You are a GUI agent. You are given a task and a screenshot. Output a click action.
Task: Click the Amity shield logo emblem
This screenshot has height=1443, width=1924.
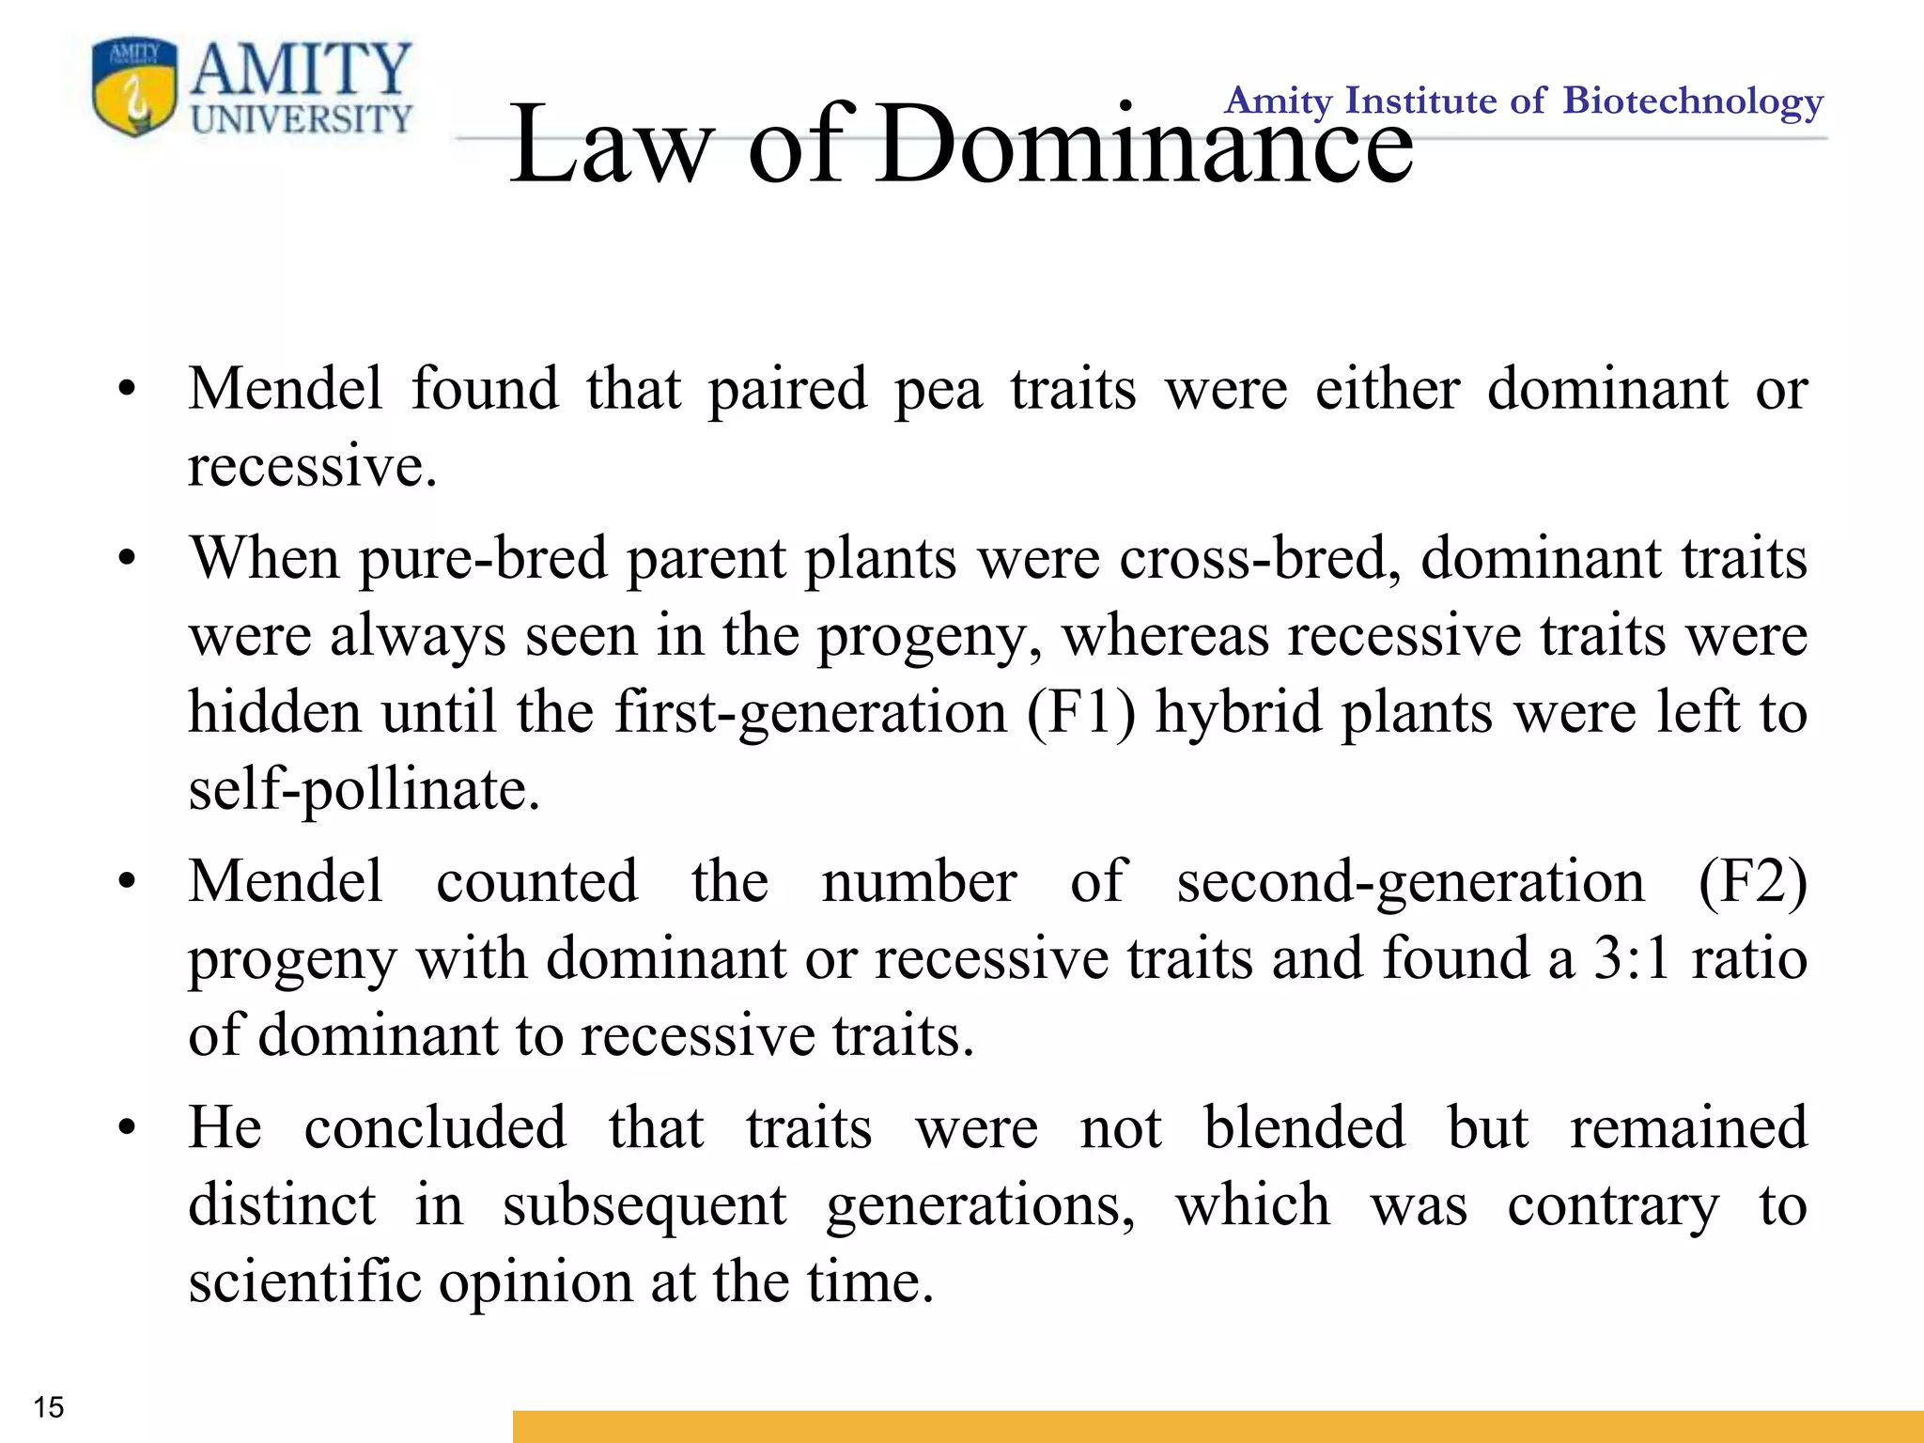[134, 88]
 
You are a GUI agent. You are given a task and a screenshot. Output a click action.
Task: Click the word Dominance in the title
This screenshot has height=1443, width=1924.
[1143, 146]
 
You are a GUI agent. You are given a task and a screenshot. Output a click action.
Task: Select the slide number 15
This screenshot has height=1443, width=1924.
[48, 1407]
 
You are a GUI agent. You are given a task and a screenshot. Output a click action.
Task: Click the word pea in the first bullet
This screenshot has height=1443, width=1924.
[939, 390]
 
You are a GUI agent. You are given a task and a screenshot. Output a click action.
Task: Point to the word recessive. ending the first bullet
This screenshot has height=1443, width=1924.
[312, 467]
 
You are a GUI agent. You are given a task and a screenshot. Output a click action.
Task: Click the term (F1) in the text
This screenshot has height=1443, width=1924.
[1080, 712]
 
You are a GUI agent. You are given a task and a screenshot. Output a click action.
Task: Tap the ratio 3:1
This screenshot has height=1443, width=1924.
[1632, 958]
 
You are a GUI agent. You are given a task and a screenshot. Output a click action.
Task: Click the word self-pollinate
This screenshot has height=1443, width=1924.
[364, 789]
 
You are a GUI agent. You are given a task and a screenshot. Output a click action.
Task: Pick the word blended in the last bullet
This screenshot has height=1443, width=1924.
[1304, 1127]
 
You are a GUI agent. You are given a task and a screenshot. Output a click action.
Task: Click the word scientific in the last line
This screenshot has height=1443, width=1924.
[304, 1281]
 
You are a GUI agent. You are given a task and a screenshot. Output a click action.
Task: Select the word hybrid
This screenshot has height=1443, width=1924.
[1238, 712]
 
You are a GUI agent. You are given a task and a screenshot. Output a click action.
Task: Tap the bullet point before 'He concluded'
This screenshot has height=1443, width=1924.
[128, 1127]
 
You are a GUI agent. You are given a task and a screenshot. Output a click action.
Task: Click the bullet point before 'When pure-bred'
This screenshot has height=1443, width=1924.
[128, 559]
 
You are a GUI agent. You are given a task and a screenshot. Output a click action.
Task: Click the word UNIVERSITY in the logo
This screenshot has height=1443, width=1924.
[302, 119]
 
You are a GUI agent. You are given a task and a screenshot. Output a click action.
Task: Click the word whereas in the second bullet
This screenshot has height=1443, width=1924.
[1165, 636]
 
